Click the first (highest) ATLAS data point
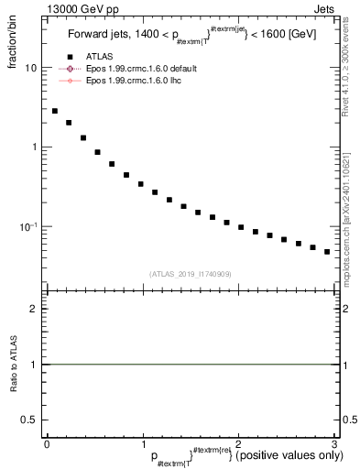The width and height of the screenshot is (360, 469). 55,111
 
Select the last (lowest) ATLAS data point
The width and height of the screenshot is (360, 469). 326,252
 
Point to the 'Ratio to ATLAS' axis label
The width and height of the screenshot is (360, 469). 13,364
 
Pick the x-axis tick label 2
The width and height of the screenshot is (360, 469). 238,444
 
